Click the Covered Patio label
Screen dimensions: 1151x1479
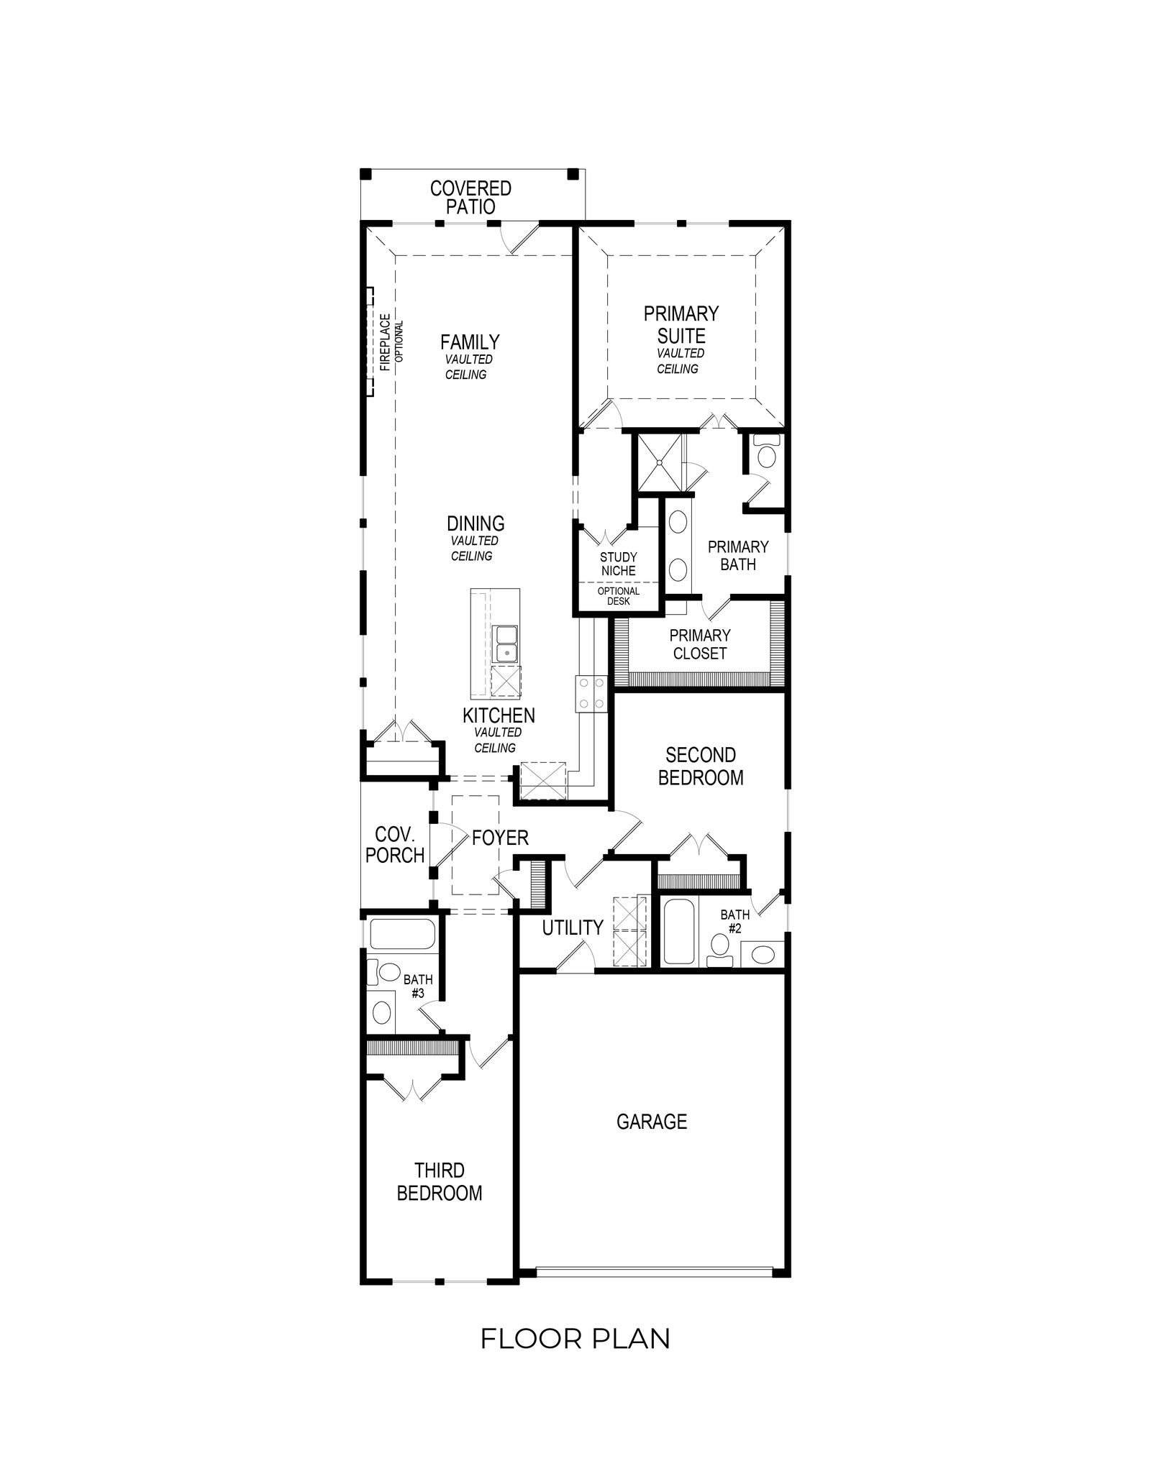[x=470, y=198]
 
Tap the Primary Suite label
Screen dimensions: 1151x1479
[x=681, y=324]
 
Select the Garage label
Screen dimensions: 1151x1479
[x=652, y=1121]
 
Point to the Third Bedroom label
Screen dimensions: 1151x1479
[x=440, y=1182]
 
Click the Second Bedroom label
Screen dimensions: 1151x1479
[x=701, y=766]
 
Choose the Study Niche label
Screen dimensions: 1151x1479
[x=619, y=564]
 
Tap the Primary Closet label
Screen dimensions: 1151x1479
[x=699, y=644]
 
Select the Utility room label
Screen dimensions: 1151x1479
[x=573, y=928]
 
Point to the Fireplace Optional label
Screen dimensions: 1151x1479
[x=391, y=342]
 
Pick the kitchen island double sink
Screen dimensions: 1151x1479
[x=506, y=643]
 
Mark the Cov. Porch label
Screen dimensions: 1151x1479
[x=395, y=845]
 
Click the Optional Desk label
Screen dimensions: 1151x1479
[x=619, y=596]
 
